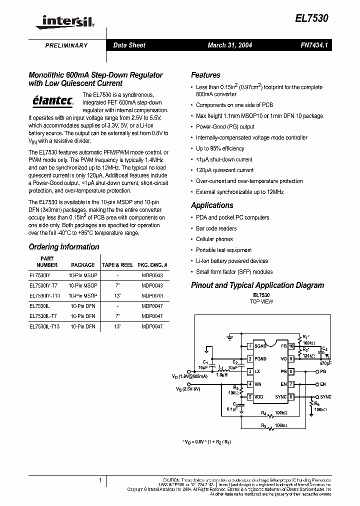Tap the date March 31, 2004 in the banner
(x=229, y=45)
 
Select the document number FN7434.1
(x=314, y=45)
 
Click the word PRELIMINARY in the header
(x=66, y=45)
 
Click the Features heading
(x=205, y=75)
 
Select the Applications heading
(x=212, y=205)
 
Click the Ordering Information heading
(x=64, y=247)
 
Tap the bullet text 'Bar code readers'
(x=216, y=228)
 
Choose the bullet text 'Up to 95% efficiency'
(x=220, y=148)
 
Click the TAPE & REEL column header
(x=117, y=265)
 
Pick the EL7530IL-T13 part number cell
(x=44, y=326)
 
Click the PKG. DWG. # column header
(x=152, y=265)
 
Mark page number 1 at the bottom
(x=100, y=480)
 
